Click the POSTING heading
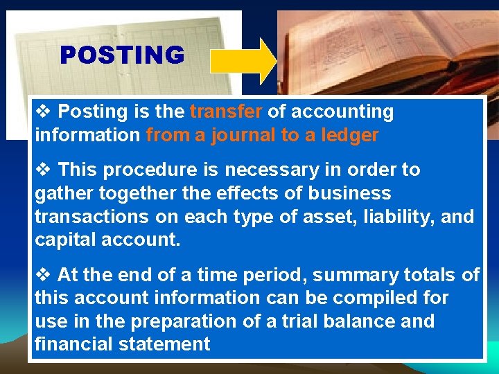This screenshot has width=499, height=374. [122, 55]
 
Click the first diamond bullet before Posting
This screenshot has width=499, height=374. [43, 112]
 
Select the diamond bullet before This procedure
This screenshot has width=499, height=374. [43, 170]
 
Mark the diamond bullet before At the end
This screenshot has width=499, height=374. [43, 276]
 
